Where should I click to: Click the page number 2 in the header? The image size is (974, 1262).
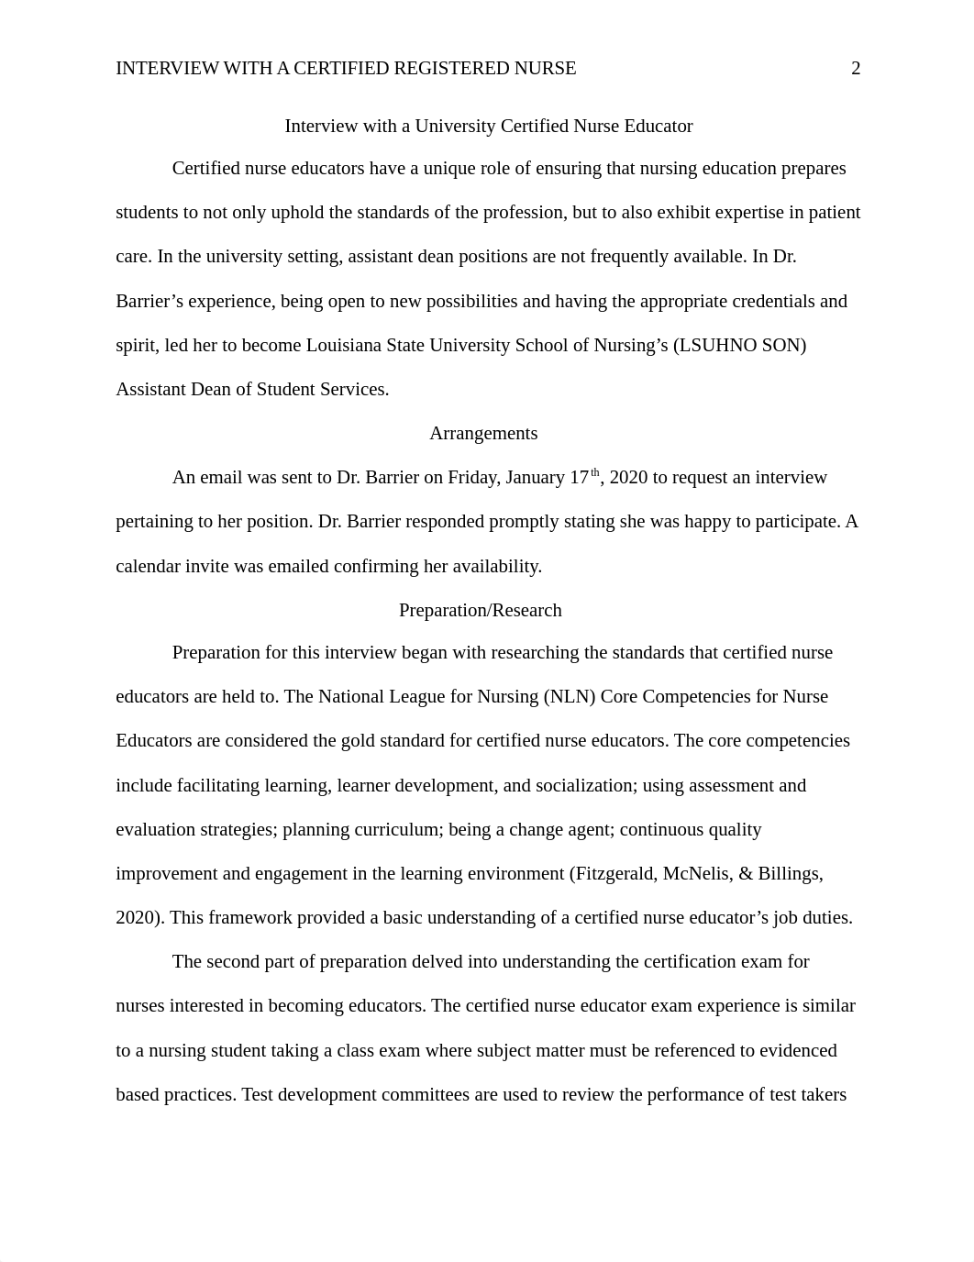pyautogui.click(x=856, y=69)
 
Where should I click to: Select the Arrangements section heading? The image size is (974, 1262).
pyautogui.click(x=483, y=434)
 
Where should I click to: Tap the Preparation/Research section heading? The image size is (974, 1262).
pyautogui.click(x=480, y=611)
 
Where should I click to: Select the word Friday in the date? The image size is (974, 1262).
pyautogui.click(x=472, y=478)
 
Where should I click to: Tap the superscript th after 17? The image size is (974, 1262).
pyautogui.click(x=594, y=472)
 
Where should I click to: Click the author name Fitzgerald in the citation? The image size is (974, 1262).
pyautogui.click(x=615, y=874)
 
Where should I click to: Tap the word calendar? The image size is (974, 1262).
pyautogui.click(x=148, y=567)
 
